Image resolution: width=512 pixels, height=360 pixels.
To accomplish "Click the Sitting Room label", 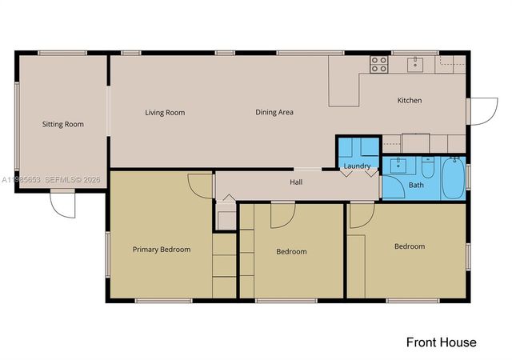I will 62,124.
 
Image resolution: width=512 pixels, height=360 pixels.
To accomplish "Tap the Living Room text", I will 165,113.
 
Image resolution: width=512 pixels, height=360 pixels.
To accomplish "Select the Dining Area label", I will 274,113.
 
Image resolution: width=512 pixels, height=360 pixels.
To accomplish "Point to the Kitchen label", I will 410,101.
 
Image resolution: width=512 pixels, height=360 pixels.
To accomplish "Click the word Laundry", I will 356,166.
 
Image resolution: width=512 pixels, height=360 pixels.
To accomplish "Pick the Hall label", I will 296,182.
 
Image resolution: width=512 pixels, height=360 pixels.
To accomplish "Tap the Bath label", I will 416,185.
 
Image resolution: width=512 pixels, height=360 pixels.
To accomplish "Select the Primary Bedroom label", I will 161,250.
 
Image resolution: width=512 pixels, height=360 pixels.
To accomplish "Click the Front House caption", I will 441,342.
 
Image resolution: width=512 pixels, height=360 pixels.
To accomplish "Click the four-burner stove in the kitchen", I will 378,65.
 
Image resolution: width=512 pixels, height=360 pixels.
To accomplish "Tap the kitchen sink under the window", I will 414,64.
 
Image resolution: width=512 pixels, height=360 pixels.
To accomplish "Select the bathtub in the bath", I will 452,177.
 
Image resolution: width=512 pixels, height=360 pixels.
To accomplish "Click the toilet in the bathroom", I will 428,169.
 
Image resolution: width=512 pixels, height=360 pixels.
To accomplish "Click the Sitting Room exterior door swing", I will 63,205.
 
